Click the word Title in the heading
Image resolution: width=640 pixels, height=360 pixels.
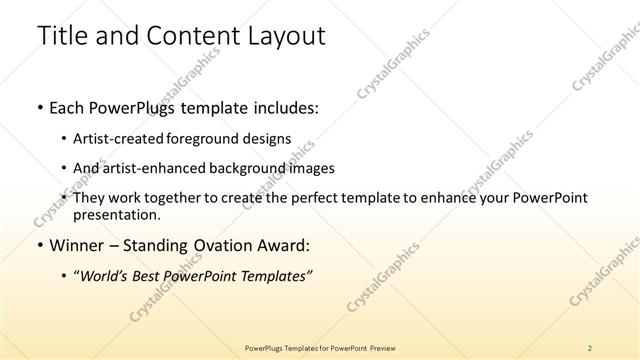coord(63,36)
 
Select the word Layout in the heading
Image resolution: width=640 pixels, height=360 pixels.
coord(283,36)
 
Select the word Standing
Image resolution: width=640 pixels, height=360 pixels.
coord(160,245)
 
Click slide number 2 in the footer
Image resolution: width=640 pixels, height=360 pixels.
coord(590,347)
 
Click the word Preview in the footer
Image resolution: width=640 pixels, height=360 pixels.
coord(383,347)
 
